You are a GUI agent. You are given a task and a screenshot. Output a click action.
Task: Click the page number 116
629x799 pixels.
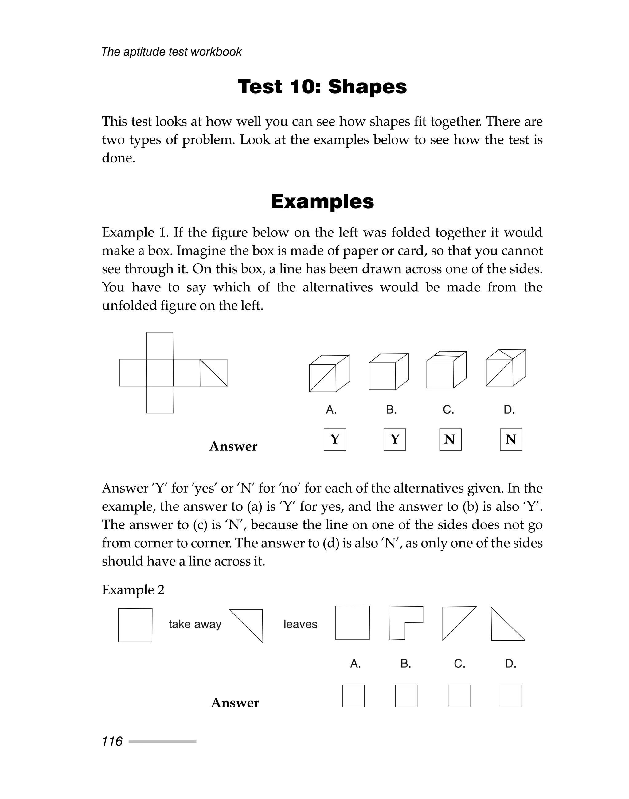(x=112, y=741)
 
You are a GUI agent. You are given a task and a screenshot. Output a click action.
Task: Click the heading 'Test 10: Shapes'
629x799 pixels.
(x=322, y=87)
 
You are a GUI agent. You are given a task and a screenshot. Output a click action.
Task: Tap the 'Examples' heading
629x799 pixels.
(x=322, y=201)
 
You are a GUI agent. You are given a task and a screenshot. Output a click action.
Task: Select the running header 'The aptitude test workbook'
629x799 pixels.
(x=171, y=52)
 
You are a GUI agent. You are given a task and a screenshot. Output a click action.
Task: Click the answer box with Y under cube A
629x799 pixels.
(x=335, y=439)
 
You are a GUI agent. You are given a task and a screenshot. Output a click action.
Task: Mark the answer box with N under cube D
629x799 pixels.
(x=511, y=439)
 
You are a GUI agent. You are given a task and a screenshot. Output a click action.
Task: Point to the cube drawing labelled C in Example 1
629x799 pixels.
(x=446, y=370)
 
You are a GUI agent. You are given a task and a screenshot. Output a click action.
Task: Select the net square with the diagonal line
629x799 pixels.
(x=213, y=372)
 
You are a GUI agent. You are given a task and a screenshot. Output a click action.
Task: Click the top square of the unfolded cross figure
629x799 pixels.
(x=159, y=346)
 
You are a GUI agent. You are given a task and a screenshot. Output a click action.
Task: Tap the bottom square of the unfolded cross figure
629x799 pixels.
(x=159, y=399)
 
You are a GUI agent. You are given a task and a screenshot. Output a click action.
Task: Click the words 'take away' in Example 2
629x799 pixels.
(x=195, y=624)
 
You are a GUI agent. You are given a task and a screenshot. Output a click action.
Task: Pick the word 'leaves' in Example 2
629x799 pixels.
(x=300, y=624)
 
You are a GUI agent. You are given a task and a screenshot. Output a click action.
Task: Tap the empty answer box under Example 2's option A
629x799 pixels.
(x=353, y=696)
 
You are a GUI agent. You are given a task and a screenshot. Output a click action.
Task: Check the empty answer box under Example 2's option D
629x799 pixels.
(x=510, y=696)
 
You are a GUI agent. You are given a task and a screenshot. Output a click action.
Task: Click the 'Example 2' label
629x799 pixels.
(x=133, y=590)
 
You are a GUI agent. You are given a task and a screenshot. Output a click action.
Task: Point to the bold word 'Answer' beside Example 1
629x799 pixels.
(x=233, y=446)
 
